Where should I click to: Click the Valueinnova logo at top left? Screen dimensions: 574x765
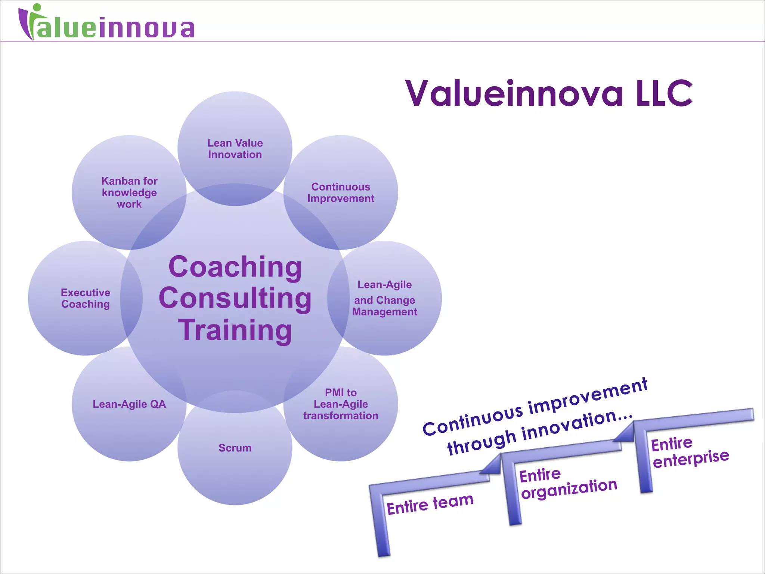(106, 23)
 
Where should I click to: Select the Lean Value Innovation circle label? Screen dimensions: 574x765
(235, 149)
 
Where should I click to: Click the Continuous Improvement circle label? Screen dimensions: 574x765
(341, 192)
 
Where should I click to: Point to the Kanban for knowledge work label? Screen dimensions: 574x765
(129, 192)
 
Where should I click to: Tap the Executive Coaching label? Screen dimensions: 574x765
(86, 298)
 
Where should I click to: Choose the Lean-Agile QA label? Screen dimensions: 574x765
(129, 404)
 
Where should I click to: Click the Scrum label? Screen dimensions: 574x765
(235, 448)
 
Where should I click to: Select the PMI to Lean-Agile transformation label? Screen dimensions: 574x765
(341, 404)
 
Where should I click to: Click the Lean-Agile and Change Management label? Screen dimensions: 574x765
(384, 298)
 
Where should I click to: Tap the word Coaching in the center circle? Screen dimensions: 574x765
(235, 267)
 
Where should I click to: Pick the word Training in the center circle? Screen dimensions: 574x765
(235, 330)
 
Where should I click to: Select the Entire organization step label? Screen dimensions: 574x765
(568, 484)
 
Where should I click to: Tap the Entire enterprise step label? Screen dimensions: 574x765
(690, 452)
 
